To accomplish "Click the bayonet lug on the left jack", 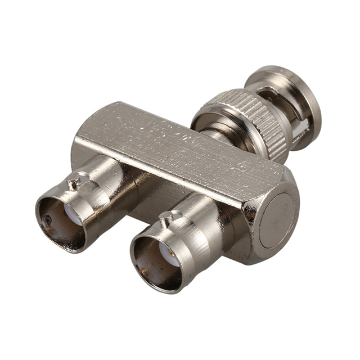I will [x=74, y=182].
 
